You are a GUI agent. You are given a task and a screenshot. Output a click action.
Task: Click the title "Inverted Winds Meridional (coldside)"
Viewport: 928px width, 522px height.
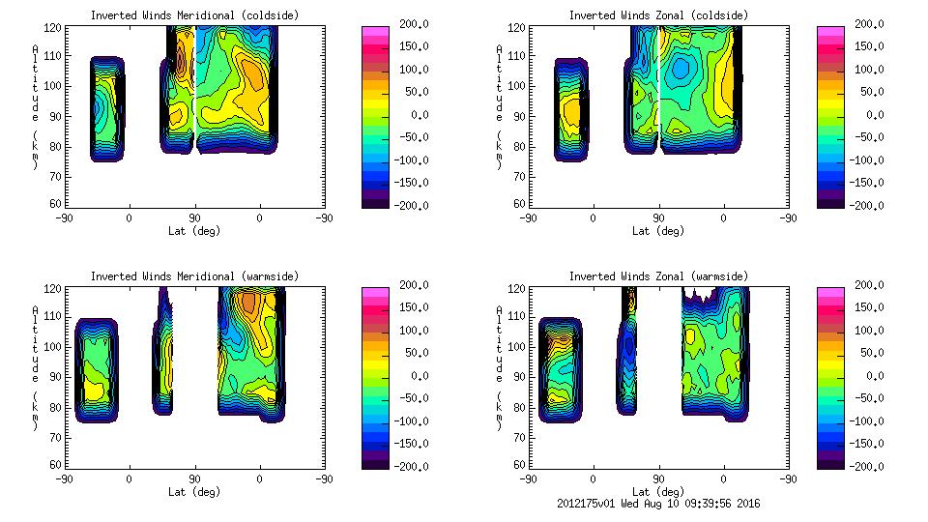coord(194,15)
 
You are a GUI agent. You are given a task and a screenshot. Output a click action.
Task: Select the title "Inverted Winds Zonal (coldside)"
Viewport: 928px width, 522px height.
coord(658,15)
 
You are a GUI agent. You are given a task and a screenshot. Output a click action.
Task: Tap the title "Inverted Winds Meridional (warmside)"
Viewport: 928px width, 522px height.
coord(194,276)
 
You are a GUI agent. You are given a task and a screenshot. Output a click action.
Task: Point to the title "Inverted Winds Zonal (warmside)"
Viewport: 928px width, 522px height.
coord(658,276)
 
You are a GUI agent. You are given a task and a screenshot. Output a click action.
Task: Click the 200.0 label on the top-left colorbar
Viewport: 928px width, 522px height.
coord(407,23)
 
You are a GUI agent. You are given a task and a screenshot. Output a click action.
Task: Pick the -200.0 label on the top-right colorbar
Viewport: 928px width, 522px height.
coord(860,205)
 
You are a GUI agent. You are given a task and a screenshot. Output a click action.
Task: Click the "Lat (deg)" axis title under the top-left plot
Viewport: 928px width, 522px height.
coord(194,231)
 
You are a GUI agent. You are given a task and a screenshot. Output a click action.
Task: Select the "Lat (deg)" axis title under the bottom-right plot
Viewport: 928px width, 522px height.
coord(658,492)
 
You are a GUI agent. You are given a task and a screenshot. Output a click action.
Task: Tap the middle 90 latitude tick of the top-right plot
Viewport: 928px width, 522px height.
coord(658,218)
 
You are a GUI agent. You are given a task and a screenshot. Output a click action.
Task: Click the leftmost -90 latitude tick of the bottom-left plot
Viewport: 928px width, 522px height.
coord(64,479)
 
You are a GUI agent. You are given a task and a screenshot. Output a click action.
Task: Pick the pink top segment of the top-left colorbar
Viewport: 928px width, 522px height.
coord(375,33)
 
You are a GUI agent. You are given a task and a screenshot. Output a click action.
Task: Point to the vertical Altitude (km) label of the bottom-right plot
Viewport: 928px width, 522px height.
coord(500,368)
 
